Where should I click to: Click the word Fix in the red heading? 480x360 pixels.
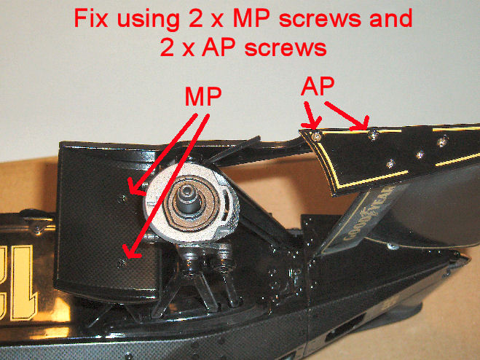click(x=90, y=18)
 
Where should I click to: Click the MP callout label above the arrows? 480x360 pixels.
click(x=203, y=96)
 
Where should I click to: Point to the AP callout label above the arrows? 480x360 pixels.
click(x=318, y=87)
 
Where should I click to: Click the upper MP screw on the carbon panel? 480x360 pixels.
click(x=123, y=198)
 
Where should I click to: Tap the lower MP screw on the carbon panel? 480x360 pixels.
click(x=122, y=262)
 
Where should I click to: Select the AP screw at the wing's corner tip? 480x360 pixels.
click(x=317, y=137)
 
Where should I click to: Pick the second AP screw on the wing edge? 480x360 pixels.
click(x=373, y=135)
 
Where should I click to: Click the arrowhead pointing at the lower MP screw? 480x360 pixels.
click(x=131, y=252)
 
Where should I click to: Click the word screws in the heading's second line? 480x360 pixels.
click(x=286, y=48)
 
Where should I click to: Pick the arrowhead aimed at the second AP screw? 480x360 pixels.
click(x=361, y=125)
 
